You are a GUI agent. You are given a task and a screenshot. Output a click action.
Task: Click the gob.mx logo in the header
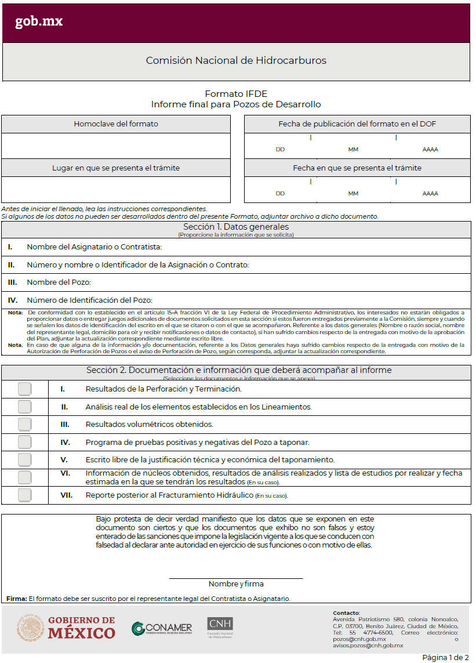(39, 22)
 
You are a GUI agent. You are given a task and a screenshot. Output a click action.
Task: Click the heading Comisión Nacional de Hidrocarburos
(236, 60)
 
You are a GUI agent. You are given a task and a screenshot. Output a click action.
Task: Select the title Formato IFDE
(236, 94)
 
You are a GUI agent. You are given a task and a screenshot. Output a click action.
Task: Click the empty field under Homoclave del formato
(116, 146)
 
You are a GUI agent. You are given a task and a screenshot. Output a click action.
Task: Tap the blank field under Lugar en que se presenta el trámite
(116, 190)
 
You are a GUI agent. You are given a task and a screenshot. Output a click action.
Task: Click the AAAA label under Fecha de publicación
(430, 150)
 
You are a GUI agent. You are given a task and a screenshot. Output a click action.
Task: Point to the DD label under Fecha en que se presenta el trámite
(280, 194)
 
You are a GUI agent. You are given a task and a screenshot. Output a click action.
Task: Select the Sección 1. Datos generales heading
(236, 227)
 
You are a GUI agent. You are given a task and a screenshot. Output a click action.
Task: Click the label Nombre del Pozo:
(59, 282)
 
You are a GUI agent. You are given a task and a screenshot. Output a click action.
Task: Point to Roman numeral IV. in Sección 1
(12, 300)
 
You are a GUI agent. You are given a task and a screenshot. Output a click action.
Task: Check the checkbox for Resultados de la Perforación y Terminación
(24, 389)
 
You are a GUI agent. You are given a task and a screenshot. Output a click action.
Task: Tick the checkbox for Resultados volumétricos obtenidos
(24, 425)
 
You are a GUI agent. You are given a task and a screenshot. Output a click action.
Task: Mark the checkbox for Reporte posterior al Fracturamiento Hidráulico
(24, 495)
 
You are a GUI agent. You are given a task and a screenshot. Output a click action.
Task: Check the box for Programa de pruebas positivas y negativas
(24, 442)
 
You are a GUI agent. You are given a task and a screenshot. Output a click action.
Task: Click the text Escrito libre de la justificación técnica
(210, 459)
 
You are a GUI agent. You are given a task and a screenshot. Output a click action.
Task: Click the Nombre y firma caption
(236, 584)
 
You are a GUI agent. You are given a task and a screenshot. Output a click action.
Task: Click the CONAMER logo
(162, 629)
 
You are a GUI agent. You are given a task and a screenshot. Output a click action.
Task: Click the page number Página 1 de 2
(445, 657)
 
